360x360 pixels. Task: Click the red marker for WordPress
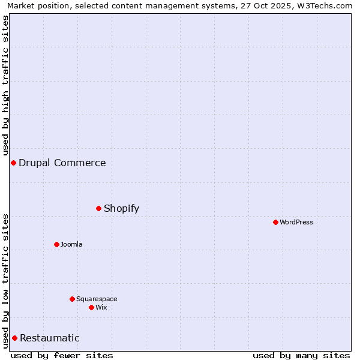(x=275, y=222)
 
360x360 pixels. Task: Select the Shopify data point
(x=98, y=208)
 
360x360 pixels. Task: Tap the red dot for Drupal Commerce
(x=13, y=163)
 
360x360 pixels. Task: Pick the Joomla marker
(x=56, y=244)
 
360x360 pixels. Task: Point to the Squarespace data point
(x=72, y=299)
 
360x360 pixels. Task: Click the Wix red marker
(x=91, y=307)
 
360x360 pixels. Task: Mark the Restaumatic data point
(x=14, y=338)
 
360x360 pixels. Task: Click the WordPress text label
(x=296, y=222)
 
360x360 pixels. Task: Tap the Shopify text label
(x=121, y=208)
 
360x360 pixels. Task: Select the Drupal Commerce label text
(x=62, y=163)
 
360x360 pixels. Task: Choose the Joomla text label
(x=71, y=244)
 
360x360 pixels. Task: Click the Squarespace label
(x=97, y=299)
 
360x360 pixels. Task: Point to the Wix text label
(x=101, y=307)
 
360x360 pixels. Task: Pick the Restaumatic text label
(x=50, y=338)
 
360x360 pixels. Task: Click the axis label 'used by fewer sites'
(x=62, y=355)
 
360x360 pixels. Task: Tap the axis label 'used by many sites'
(x=301, y=355)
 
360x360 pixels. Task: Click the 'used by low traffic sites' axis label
(x=5, y=281)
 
